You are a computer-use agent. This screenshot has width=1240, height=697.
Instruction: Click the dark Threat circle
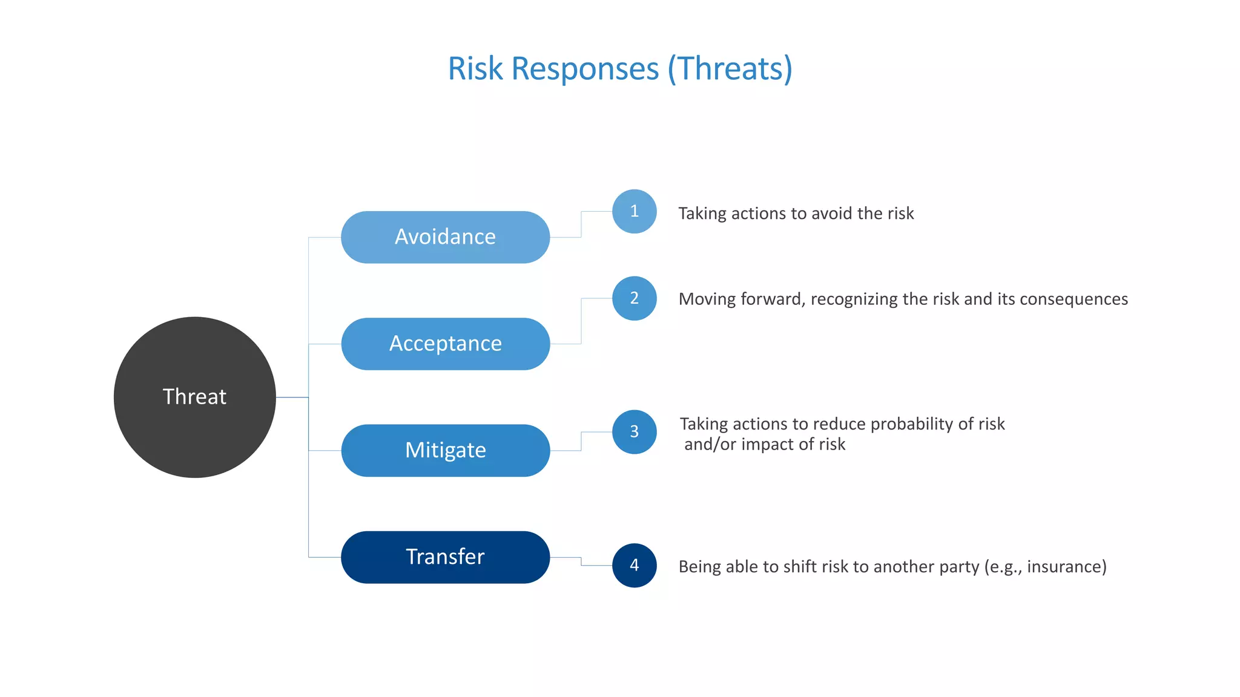pyautogui.click(x=194, y=397)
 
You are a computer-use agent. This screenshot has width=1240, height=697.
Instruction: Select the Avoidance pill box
pyautogui.click(x=445, y=237)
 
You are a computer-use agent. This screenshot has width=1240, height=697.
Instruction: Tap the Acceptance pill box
pyautogui.click(x=445, y=344)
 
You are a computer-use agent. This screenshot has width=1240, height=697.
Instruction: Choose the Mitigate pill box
pyautogui.click(x=445, y=450)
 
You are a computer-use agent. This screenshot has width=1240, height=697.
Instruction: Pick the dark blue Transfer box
pyautogui.click(x=445, y=557)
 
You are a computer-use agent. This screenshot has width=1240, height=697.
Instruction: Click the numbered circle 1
pyautogui.click(x=634, y=211)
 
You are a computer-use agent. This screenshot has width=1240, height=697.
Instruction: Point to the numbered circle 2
pyautogui.click(x=634, y=298)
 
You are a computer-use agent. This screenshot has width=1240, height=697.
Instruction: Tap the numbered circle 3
pyautogui.click(x=634, y=431)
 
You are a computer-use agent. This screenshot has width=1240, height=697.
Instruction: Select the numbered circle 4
pyautogui.click(x=634, y=565)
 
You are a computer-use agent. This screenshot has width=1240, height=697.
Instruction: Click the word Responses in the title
pyautogui.click(x=585, y=68)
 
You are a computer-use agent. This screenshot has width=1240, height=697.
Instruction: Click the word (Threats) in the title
pyautogui.click(x=730, y=68)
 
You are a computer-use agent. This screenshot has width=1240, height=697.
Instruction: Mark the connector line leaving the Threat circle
pyautogui.click(x=292, y=397)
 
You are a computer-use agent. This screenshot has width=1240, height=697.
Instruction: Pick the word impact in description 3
pyautogui.click(x=765, y=444)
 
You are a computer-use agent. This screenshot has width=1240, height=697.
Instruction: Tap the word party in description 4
pyautogui.click(x=957, y=567)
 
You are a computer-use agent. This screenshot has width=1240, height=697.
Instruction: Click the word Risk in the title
pyautogui.click(x=475, y=68)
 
